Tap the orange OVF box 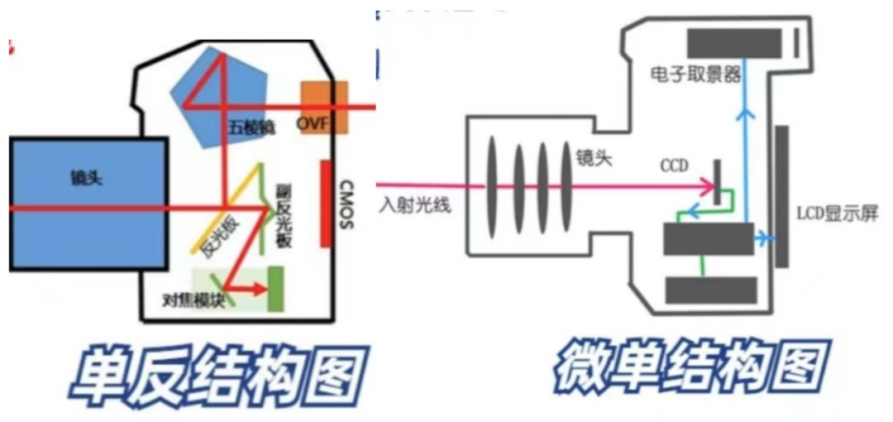pos(323,108)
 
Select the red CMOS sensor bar pos(325,203)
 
